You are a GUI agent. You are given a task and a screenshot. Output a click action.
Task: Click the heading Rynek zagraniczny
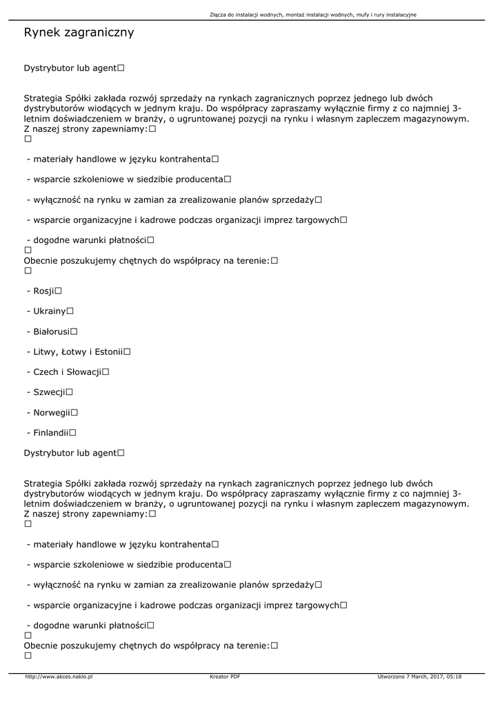click(x=79, y=32)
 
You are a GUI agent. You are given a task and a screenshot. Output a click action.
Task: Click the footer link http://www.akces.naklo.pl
click(x=59, y=677)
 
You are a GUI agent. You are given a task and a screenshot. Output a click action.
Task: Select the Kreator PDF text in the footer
click(x=225, y=677)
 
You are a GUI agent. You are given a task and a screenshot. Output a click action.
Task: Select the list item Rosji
click(x=43, y=291)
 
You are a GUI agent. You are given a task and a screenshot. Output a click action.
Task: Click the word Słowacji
click(x=82, y=372)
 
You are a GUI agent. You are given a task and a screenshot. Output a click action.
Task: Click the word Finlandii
click(x=50, y=433)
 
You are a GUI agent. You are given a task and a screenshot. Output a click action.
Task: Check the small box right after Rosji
click(x=59, y=291)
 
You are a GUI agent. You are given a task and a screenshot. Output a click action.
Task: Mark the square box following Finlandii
click(x=72, y=433)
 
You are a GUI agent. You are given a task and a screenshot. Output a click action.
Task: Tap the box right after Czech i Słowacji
click(x=106, y=372)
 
